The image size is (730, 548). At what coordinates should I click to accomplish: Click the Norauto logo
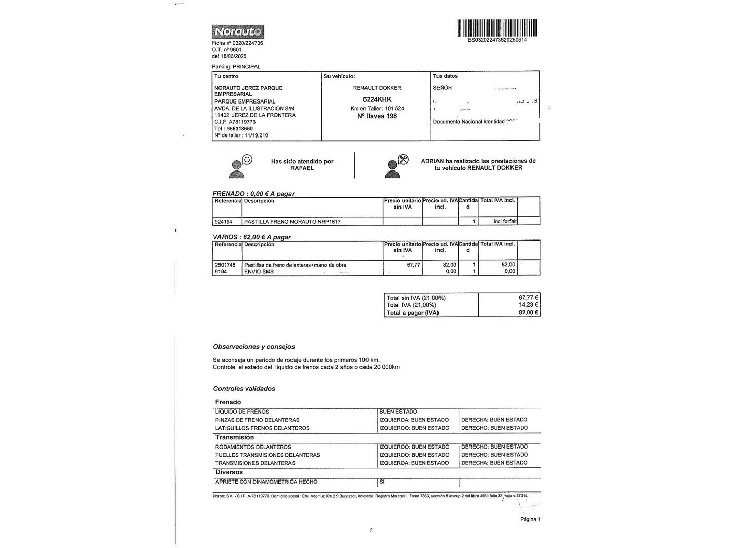[x=238, y=32]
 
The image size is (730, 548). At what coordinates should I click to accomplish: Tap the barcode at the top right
[x=497, y=28]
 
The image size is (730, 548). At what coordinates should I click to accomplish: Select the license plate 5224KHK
[x=377, y=100]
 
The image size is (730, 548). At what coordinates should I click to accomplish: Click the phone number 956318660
[x=240, y=129]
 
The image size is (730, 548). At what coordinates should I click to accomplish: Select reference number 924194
[x=224, y=222]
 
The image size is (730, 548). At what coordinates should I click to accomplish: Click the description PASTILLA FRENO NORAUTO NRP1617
[x=292, y=222]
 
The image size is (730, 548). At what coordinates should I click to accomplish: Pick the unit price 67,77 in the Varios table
[x=413, y=265]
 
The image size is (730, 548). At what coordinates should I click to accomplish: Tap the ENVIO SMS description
[x=259, y=272]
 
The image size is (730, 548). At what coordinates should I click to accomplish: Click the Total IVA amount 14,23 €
[x=528, y=305]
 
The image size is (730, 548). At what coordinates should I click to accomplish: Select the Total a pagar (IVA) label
[x=413, y=313]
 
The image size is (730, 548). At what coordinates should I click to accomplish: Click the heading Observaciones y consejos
[x=254, y=347]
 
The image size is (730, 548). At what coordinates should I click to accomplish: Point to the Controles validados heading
[x=244, y=389]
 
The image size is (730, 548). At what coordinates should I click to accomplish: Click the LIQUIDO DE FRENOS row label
[x=242, y=412]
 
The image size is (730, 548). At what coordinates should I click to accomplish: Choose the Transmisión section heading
[x=234, y=437]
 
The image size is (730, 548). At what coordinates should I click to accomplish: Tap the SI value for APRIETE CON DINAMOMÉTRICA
[x=382, y=482]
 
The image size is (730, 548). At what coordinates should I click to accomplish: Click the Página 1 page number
[x=530, y=519]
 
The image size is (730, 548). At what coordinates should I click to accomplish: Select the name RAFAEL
[x=302, y=168]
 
